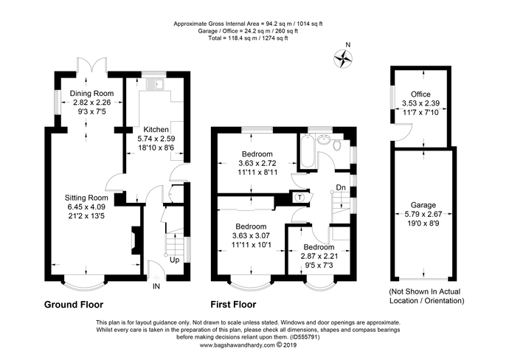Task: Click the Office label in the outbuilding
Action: click(421, 94)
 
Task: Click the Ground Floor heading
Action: click(74, 304)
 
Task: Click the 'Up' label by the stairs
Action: click(175, 260)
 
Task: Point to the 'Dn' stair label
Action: click(340, 188)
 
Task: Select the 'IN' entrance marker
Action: click(156, 286)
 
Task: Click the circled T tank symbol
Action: click(299, 197)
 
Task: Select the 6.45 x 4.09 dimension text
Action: click(87, 208)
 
